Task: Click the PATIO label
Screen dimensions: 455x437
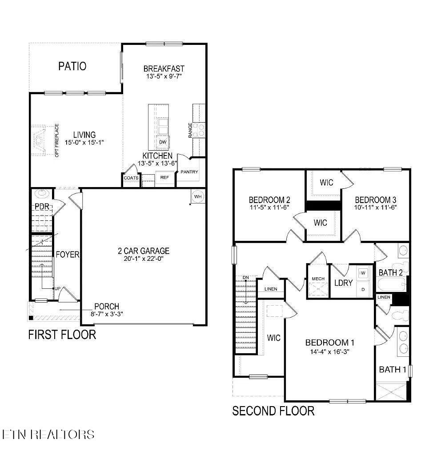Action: tap(72, 66)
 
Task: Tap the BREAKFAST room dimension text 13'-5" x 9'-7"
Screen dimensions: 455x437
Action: tap(164, 76)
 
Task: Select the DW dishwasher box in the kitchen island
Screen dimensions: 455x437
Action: tap(163, 142)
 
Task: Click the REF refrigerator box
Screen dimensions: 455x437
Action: tap(164, 178)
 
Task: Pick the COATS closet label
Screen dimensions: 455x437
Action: tap(131, 178)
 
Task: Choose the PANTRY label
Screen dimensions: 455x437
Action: tap(189, 172)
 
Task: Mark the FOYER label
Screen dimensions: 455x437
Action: tap(67, 255)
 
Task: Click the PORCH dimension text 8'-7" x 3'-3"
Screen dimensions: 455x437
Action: tap(103, 313)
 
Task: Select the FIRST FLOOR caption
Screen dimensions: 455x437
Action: tap(62, 334)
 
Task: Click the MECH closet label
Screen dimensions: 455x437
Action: tap(318, 279)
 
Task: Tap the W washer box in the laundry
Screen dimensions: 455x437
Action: tap(362, 273)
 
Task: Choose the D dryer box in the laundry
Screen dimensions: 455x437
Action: tap(362, 289)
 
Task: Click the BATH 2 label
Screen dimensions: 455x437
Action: tap(390, 272)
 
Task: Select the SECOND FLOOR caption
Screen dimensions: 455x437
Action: tap(273, 411)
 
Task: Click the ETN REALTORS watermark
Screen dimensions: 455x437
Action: tap(48, 434)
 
